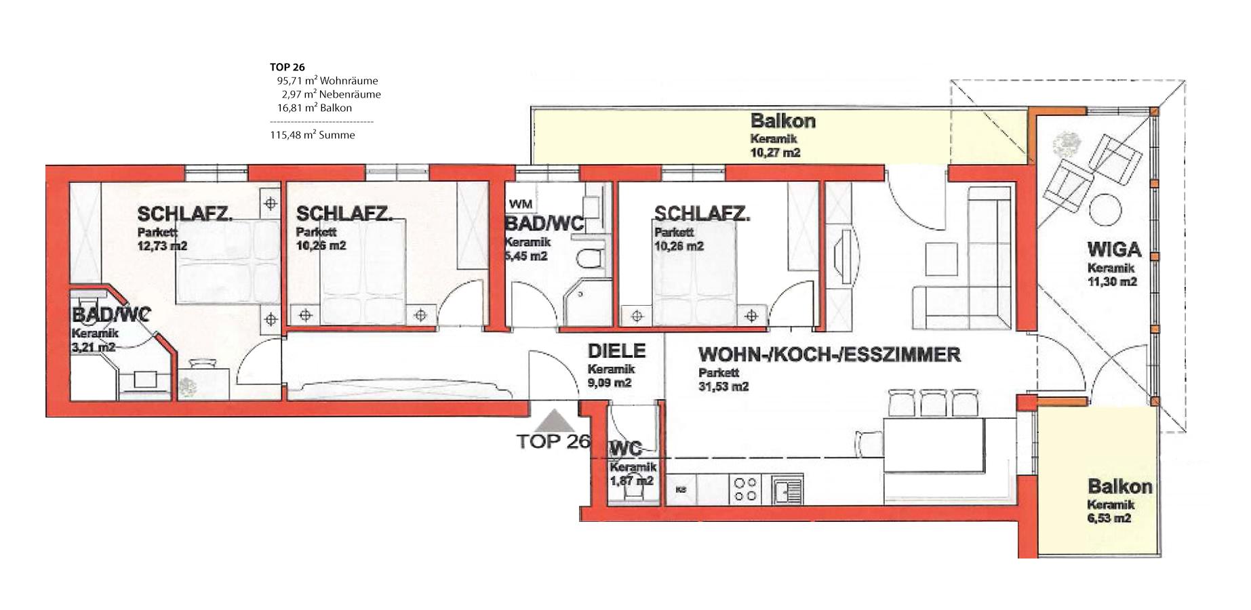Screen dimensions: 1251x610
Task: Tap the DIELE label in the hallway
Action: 616,351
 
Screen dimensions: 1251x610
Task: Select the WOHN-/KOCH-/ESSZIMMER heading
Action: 829,354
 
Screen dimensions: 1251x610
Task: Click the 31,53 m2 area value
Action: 723,386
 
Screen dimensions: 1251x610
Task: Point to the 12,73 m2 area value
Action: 162,245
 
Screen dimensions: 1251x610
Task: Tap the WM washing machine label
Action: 520,203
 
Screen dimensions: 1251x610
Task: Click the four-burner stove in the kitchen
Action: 744,489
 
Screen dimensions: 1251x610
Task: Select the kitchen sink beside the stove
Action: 787,489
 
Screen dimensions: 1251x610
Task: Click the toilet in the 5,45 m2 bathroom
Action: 588,258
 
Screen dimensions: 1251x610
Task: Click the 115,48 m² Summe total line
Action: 313,135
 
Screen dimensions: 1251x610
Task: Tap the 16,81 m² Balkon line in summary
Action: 315,108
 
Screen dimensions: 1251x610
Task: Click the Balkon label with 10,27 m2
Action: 782,121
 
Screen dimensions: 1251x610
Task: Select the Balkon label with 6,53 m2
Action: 1119,487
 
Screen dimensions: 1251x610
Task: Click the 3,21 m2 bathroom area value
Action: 93,347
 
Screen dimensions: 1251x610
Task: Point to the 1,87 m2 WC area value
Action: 631,481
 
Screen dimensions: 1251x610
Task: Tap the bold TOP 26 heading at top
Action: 287,67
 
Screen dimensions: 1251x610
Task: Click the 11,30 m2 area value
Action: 1112,282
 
